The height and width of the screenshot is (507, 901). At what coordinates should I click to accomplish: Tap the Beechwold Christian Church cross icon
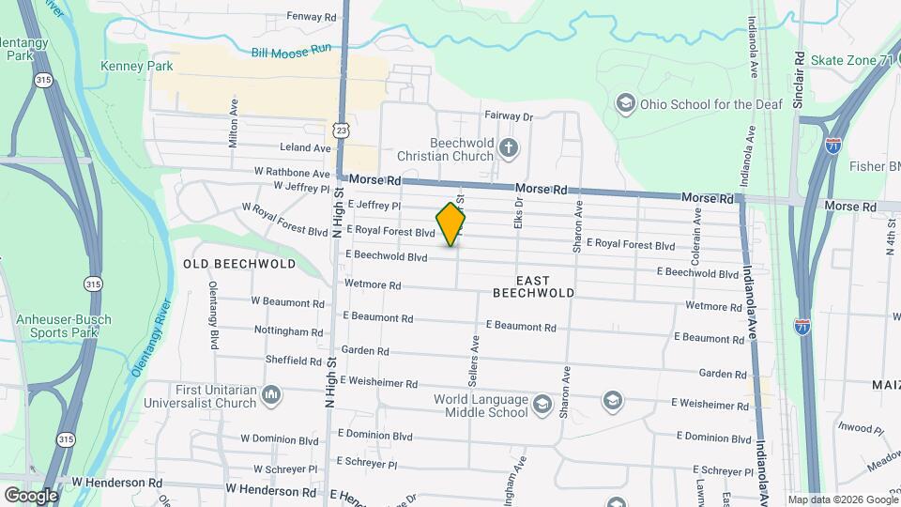click(508, 147)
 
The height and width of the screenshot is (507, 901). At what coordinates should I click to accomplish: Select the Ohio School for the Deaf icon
click(625, 102)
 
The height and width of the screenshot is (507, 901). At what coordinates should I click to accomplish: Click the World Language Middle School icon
click(542, 405)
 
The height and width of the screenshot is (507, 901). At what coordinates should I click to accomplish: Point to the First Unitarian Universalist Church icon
click(272, 393)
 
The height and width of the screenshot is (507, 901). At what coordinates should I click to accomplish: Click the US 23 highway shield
click(339, 128)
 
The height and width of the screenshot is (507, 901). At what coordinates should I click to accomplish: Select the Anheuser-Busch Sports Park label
click(63, 326)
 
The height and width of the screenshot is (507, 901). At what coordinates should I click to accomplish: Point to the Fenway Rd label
click(312, 17)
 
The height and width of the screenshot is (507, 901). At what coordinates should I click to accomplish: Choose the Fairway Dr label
click(509, 116)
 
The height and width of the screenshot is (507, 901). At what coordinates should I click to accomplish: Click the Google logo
click(31, 495)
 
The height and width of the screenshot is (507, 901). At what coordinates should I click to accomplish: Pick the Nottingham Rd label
click(289, 331)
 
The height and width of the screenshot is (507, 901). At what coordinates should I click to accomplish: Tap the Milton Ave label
click(234, 124)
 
